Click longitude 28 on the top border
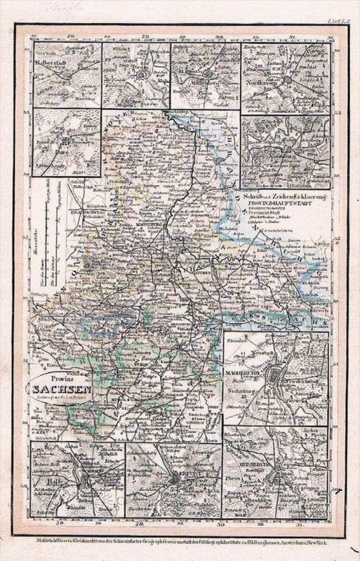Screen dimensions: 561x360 pyautogui.click(x=70, y=34)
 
